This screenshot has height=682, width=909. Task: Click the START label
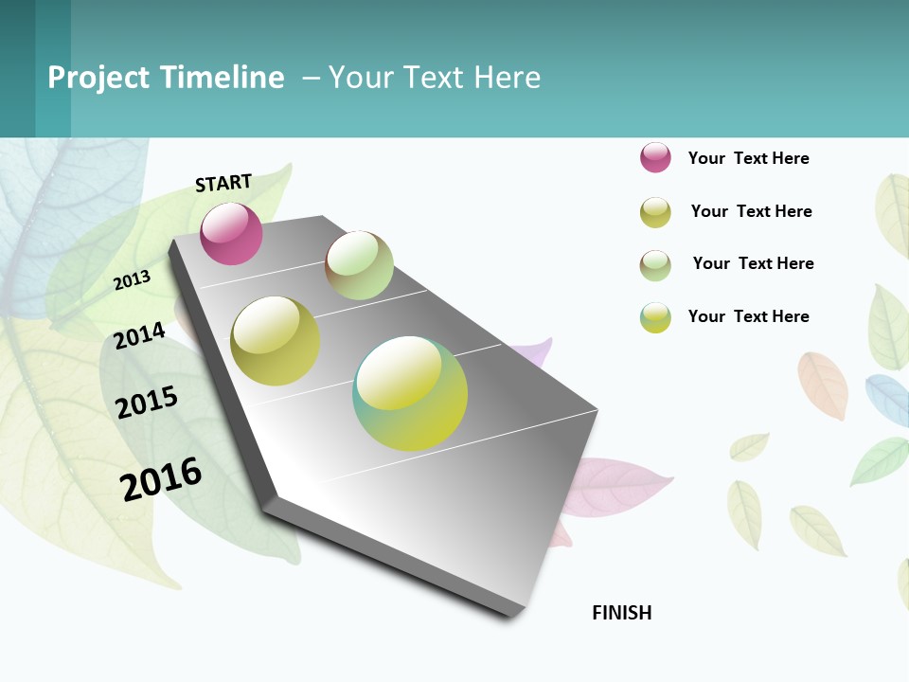pyautogui.click(x=223, y=183)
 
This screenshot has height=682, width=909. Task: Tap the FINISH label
pyautogui.click(x=621, y=613)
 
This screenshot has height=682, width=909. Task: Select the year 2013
pyautogui.click(x=133, y=279)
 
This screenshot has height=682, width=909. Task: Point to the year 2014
pyautogui.click(x=139, y=335)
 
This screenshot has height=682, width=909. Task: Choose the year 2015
pyautogui.click(x=147, y=403)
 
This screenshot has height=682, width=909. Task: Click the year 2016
pyautogui.click(x=161, y=479)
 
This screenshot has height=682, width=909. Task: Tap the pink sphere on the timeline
pyautogui.click(x=231, y=234)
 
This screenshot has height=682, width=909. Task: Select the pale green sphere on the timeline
pyautogui.click(x=359, y=265)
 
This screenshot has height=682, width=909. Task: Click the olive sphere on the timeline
pyautogui.click(x=275, y=341)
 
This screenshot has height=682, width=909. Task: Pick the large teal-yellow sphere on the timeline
pyautogui.click(x=410, y=393)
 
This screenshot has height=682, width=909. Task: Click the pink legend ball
pyautogui.click(x=655, y=157)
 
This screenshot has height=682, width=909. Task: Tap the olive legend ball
pyautogui.click(x=655, y=212)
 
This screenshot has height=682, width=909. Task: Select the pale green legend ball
pyautogui.click(x=655, y=265)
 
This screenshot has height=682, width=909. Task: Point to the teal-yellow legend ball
pyautogui.click(x=655, y=317)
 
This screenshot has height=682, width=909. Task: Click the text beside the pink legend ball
pyautogui.click(x=748, y=158)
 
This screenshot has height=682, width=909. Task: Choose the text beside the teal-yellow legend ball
pyautogui.click(x=748, y=316)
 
